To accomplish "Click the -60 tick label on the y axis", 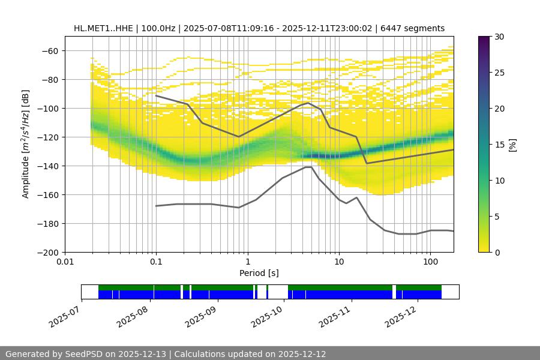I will [x=50, y=50].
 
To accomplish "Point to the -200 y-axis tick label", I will [x=47, y=252].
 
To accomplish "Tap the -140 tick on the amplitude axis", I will [x=47, y=166].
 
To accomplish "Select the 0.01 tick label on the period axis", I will [x=65, y=262].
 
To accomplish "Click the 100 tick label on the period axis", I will [x=430, y=262].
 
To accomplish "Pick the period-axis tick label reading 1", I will [x=247, y=262].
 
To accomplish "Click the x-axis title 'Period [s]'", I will [x=259, y=273].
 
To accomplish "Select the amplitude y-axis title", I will [x=26, y=144].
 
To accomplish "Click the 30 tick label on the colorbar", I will [x=499, y=37].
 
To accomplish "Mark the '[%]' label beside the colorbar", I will [x=512, y=145].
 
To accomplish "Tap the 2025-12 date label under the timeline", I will [x=400, y=314].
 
